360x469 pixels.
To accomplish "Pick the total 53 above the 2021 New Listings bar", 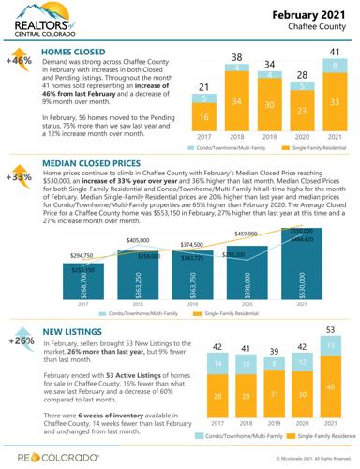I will click(329, 331).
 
